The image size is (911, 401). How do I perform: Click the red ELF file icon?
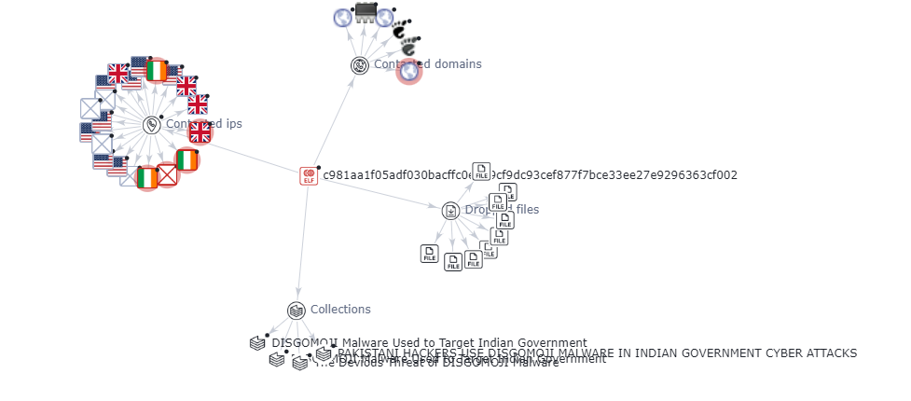pyautogui.click(x=309, y=175)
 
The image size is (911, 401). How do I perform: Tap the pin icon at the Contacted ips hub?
pyautogui.click(x=152, y=124)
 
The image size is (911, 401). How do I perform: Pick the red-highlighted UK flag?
pyautogui.click(x=200, y=132)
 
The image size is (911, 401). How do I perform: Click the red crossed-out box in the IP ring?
pyautogui.click(x=167, y=174)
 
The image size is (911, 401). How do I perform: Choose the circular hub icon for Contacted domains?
pyautogui.click(x=360, y=64)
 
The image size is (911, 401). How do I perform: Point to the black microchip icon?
pyautogui.click(x=366, y=13)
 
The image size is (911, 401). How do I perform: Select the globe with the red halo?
pyautogui.click(x=408, y=72)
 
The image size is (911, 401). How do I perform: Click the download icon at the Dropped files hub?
pyautogui.click(x=450, y=211)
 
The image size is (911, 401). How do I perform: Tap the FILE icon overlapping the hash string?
pyautogui.click(x=481, y=171)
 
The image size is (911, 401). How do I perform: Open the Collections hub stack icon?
pyautogui.click(x=297, y=311)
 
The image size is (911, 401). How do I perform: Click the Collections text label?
pyautogui.click(x=340, y=310)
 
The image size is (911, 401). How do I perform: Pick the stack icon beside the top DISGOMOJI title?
pyautogui.click(x=257, y=343)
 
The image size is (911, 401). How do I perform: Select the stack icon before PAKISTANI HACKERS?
pyautogui.click(x=324, y=353)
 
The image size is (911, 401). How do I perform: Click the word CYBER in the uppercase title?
pyautogui.click(x=778, y=353)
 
